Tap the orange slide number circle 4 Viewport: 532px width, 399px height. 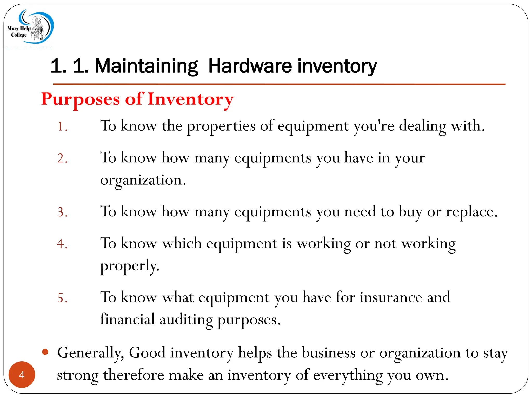click(22, 375)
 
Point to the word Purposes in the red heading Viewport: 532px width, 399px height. click(81, 100)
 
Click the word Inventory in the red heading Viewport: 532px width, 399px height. click(191, 100)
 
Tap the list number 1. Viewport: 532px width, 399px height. click(62, 127)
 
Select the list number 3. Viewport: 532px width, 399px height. click(62, 212)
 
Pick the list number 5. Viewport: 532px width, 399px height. click(62, 298)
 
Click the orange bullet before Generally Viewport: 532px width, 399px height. click(45, 352)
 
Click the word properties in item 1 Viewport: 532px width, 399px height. click(221, 127)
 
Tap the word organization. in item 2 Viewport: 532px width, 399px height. click(143, 180)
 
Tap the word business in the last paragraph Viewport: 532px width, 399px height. click(328, 353)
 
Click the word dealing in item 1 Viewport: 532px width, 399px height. click(422, 127)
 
